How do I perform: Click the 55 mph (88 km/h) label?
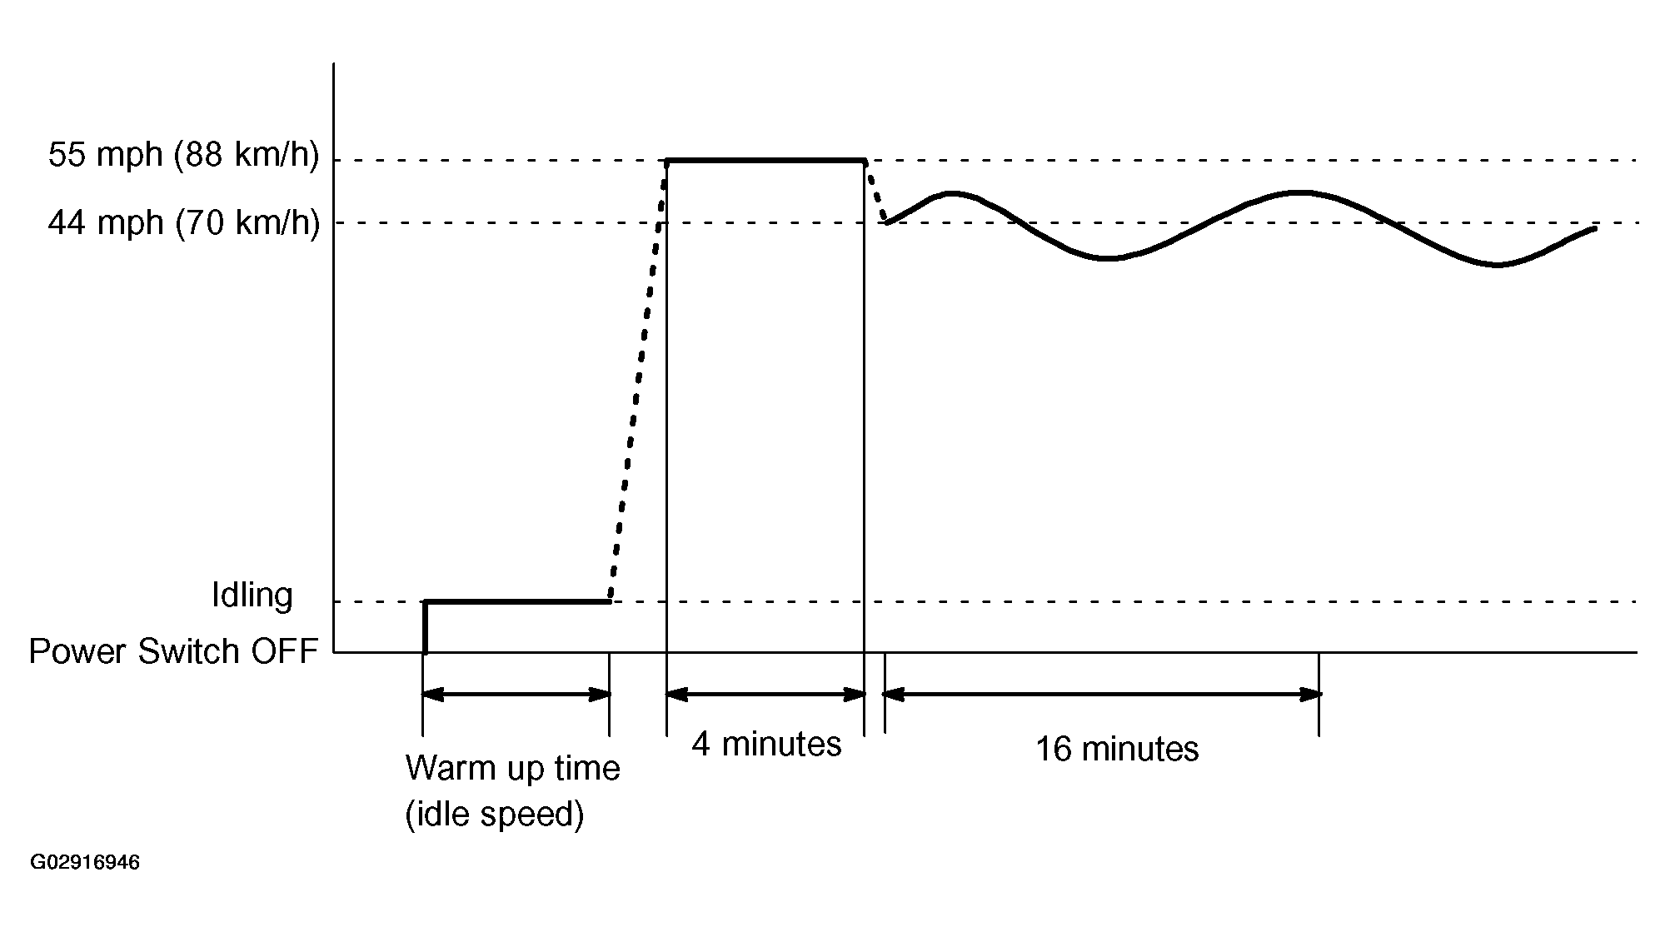pyautogui.click(x=183, y=156)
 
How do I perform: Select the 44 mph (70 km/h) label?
pyautogui.click(x=183, y=223)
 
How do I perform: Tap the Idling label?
pyautogui.click(x=252, y=596)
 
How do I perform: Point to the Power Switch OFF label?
pyautogui.click(x=174, y=651)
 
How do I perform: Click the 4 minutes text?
pyautogui.click(x=766, y=744)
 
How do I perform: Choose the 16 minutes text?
pyautogui.click(x=1116, y=749)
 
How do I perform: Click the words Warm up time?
pyautogui.click(x=512, y=767)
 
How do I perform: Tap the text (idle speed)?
pyautogui.click(x=494, y=814)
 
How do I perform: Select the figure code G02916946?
pyautogui.click(x=85, y=862)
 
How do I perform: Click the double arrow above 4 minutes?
pyautogui.click(x=765, y=694)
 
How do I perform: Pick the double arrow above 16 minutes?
pyautogui.click(x=1102, y=693)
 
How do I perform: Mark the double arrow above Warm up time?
pyautogui.click(x=516, y=694)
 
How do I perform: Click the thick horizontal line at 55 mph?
pyautogui.click(x=765, y=160)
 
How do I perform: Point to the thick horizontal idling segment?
pyautogui.click(x=516, y=601)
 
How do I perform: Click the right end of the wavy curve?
pyautogui.click(x=1593, y=228)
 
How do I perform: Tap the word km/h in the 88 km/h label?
pyautogui.click(x=276, y=156)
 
